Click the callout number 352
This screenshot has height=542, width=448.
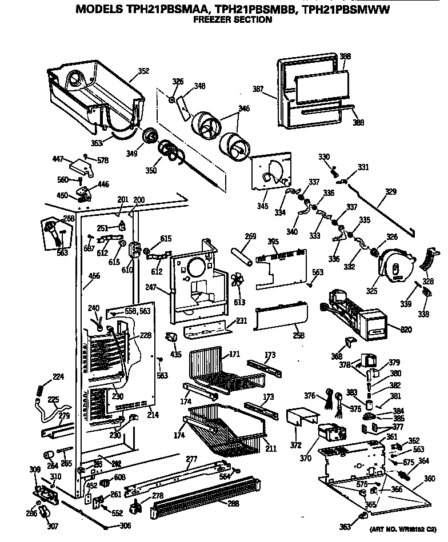[x=143, y=71]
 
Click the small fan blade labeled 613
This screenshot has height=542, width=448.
[x=238, y=284]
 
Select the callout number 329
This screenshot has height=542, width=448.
[x=390, y=192]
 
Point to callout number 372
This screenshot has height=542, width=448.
[x=295, y=445]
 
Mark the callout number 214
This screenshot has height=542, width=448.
[x=153, y=415]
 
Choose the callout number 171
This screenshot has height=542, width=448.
[x=234, y=355]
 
